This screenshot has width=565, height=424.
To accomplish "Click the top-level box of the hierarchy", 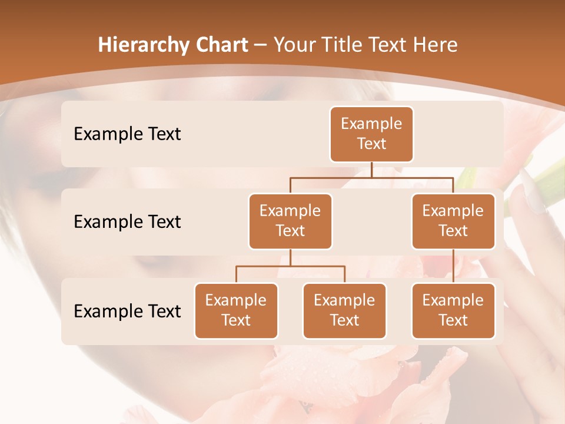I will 371,134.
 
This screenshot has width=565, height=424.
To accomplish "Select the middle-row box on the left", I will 290,221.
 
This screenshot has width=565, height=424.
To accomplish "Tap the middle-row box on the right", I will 453,221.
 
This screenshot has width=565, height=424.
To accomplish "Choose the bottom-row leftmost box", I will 236,310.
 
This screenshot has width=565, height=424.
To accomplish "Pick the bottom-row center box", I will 344,310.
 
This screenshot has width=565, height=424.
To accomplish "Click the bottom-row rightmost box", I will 453,310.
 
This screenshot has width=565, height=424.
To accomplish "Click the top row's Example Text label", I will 127,134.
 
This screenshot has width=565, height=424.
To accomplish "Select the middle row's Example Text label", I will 127,221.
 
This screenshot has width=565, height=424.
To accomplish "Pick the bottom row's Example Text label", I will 127,311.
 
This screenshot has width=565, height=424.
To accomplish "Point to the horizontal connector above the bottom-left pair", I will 290,266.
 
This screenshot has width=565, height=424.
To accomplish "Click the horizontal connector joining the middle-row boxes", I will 371,177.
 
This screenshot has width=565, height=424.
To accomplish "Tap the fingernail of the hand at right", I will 533,197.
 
